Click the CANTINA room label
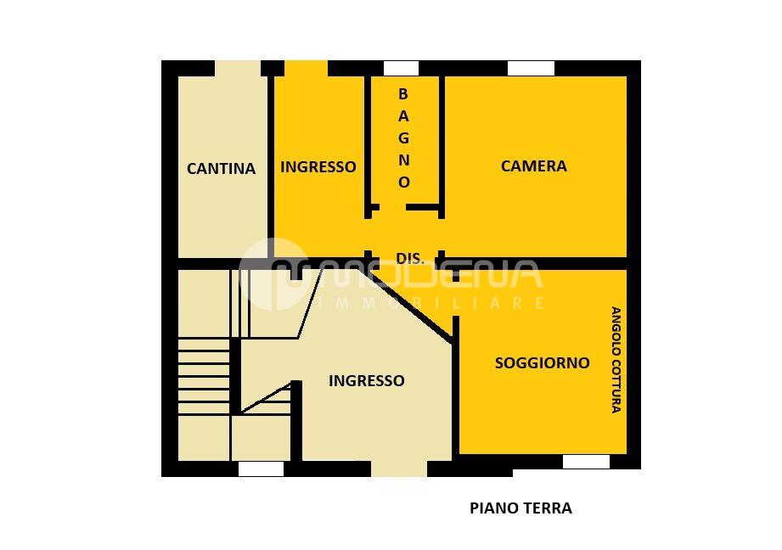(221, 168)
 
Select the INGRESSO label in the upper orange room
(318, 166)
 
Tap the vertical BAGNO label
(403, 137)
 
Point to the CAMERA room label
(533, 166)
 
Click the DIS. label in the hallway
(409, 258)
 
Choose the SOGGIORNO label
(542, 362)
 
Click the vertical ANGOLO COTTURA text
(616, 360)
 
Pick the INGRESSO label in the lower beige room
(366, 380)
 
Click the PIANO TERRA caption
(520, 508)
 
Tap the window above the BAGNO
(401, 68)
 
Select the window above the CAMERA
(531, 68)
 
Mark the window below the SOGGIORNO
(586, 462)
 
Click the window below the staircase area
(261, 469)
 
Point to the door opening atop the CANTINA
(237, 68)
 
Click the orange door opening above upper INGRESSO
(306, 68)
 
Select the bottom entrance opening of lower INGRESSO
(398, 469)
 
